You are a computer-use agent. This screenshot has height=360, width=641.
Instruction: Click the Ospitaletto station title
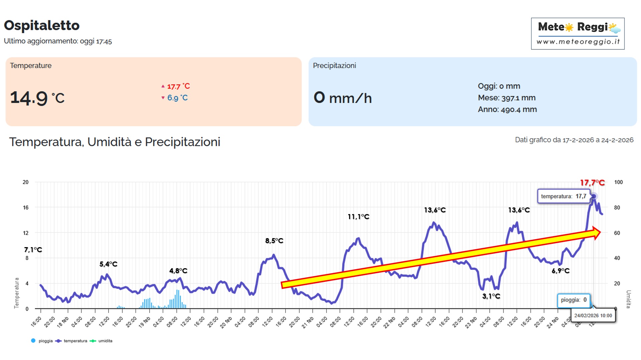(42, 25)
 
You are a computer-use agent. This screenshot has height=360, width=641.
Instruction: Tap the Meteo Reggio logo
(578, 33)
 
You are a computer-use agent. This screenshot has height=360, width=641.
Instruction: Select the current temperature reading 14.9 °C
(37, 98)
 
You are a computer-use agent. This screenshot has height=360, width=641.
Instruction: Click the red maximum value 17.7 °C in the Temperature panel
(178, 86)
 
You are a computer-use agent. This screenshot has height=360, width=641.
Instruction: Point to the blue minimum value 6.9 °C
(177, 98)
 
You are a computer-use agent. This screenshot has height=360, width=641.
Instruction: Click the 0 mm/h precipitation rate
(342, 98)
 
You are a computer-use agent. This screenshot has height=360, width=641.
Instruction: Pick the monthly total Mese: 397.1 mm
(506, 98)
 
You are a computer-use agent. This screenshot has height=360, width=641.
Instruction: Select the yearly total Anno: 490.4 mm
(507, 110)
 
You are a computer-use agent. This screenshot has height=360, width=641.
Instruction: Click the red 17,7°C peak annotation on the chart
(592, 183)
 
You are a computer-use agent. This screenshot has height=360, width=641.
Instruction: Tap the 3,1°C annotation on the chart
(491, 296)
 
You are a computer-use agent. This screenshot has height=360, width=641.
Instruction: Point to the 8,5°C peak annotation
(274, 240)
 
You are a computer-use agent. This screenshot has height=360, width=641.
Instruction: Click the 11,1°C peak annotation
(358, 217)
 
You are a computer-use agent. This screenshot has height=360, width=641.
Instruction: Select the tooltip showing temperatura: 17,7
(564, 196)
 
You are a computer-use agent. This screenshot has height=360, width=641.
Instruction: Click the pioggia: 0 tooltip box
(574, 300)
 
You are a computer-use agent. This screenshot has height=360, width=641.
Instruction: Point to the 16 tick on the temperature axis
(26, 207)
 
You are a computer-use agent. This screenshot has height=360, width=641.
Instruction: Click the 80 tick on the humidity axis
(617, 207)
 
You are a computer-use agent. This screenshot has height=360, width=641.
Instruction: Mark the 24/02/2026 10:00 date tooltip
(593, 316)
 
